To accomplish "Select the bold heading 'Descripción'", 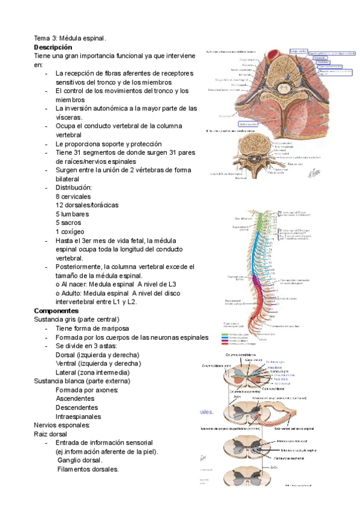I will [53, 47].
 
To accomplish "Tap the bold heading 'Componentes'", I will [56, 311].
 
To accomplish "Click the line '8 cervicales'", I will [73, 196].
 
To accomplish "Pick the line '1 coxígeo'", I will [70, 232].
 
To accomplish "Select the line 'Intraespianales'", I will [78, 417].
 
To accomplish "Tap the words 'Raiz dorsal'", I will [51, 433].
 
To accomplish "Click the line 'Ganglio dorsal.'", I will [81, 460].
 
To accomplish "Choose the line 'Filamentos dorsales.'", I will [88, 469].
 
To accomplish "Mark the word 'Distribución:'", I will [74, 188].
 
